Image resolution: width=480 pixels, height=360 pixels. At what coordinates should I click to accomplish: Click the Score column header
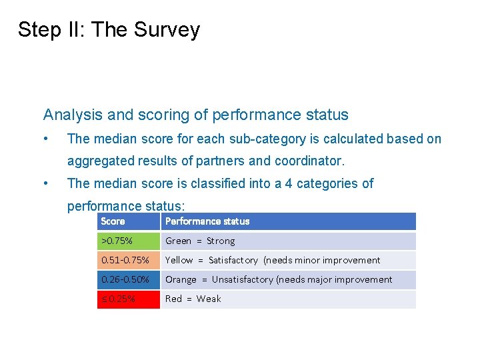113,221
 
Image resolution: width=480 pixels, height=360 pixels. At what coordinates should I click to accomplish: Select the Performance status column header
207,221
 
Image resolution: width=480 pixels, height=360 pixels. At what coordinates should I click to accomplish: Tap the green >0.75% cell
129,241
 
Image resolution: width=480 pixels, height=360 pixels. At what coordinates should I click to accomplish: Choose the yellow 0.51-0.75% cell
129,260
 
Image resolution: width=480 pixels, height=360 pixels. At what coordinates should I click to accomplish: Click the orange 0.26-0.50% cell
129,279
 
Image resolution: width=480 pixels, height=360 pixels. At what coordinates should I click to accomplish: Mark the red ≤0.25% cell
129,299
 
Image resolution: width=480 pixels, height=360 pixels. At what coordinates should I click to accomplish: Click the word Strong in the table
221,241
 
